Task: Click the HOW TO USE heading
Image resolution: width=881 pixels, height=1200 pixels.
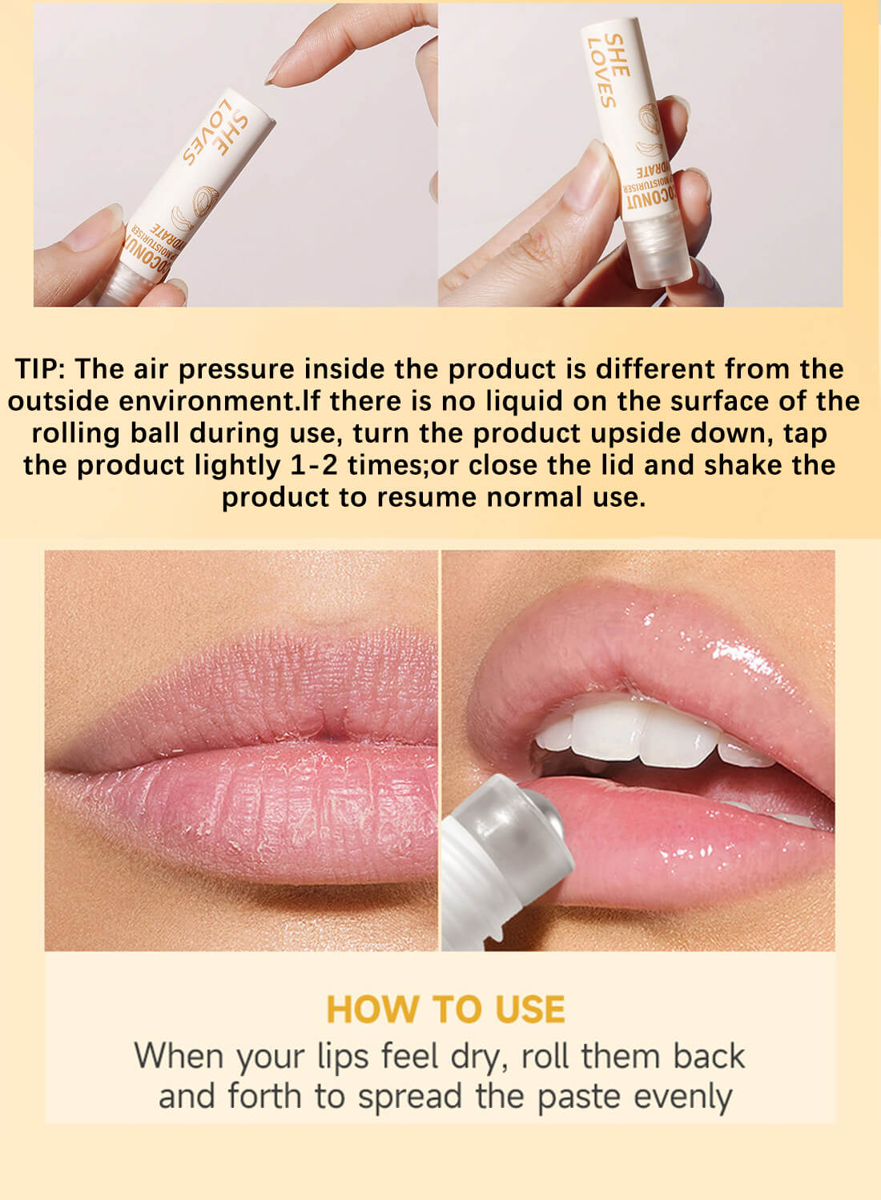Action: pyautogui.click(x=445, y=1009)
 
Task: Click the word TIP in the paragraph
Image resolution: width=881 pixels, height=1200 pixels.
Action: pyautogui.click(x=42, y=369)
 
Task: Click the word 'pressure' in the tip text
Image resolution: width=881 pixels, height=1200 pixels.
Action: pyautogui.click(x=236, y=369)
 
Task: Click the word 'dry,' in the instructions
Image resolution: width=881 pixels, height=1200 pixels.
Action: pyautogui.click(x=480, y=1057)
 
